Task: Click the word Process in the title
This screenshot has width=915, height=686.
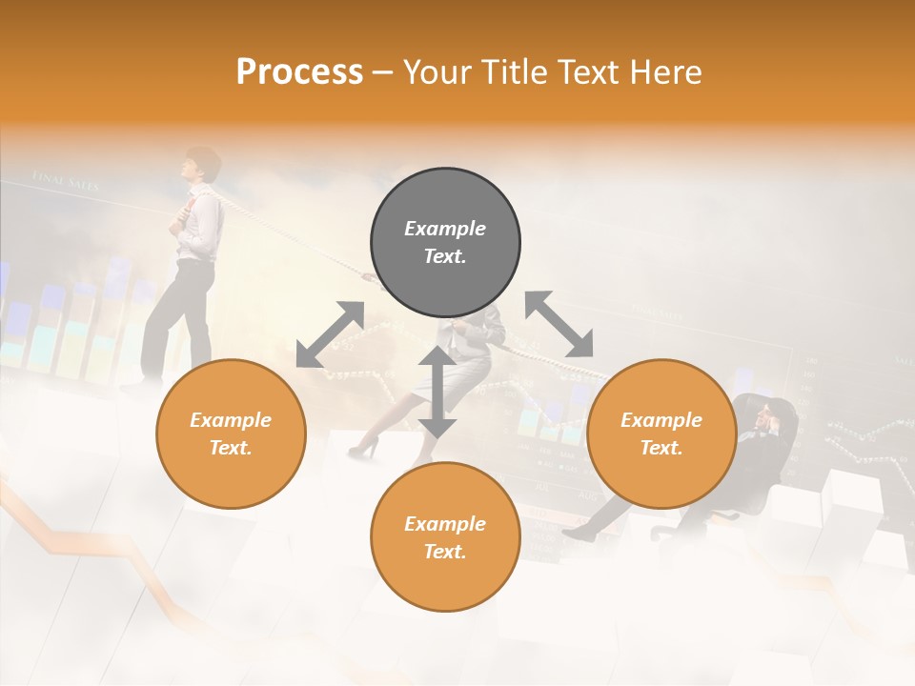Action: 299,72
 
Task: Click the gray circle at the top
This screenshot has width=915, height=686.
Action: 445,242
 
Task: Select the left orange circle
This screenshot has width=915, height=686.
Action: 231,434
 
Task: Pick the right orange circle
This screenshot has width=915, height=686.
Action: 661,434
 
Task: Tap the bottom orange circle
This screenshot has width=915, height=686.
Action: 445,537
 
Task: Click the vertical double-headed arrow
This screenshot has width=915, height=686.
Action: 437,393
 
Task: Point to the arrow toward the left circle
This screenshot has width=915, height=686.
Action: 330,334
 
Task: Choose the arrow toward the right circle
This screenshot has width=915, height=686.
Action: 559,324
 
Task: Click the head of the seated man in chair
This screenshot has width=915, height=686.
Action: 768,416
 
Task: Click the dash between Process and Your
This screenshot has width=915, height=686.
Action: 383,73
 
